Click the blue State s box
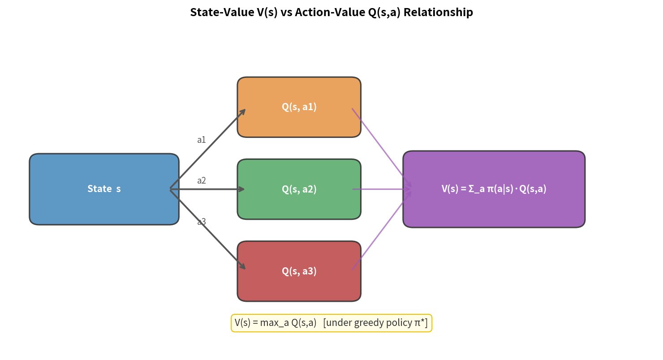104,189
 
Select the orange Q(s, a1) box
299,107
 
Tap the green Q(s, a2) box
299,189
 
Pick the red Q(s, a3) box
299,271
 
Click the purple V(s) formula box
494,189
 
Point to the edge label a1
202,140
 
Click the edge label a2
202,180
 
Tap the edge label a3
202,222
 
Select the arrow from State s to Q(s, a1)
207,149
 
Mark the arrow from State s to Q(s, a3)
207,229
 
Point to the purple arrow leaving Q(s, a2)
381,189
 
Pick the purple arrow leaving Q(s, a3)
381,230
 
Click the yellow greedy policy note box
331,323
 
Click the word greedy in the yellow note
369,323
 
